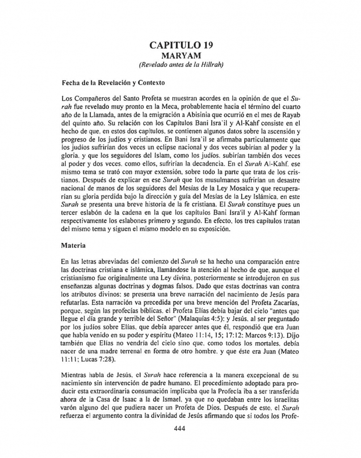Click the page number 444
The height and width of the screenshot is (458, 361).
click(180, 428)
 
